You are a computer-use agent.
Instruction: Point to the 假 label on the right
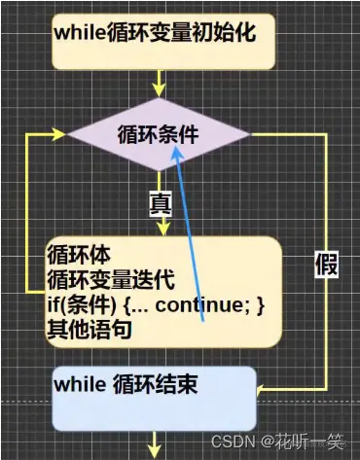[x=327, y=263]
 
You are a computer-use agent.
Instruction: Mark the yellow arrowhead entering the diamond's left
[x=65, y=134]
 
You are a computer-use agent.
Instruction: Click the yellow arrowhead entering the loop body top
[x=162, y=229]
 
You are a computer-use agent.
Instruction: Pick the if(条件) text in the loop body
[x=81, y=305]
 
